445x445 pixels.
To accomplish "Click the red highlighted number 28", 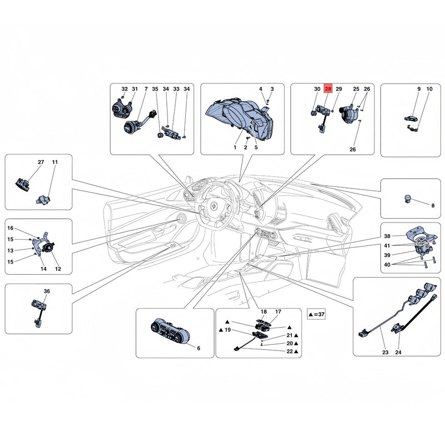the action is (328, 89).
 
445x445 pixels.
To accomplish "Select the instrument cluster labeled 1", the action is (240, 118).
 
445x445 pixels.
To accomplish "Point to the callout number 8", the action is (433, 205).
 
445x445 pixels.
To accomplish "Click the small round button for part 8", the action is (408, 199).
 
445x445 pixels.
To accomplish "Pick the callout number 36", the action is (47, 291).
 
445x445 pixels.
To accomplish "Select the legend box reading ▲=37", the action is (316, 314).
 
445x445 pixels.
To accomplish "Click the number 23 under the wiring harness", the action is (385, 352).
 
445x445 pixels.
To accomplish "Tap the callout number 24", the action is (398, 352).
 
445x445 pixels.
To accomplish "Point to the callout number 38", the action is (387, 236).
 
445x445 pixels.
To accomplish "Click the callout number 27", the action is (41, 162).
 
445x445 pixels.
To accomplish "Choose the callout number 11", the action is (55, 162).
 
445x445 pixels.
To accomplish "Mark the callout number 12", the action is (58, 269).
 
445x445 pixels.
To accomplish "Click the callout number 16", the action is (10, 228).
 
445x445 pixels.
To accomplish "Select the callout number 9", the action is (419, 89).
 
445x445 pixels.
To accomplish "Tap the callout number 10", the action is (429, 89).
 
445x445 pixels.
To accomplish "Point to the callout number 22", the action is (289, 352).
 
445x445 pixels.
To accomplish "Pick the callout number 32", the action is (125, 89).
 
